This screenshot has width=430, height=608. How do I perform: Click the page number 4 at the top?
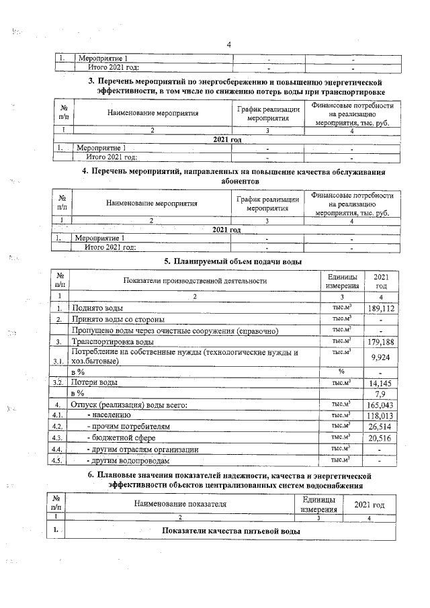[x=229, y=45]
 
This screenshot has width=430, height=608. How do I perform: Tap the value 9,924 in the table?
[x=380, y=357]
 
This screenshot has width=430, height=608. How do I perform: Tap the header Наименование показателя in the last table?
[x=180, y=503]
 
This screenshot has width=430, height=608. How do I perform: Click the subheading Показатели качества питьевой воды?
[x=231, y=531]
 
